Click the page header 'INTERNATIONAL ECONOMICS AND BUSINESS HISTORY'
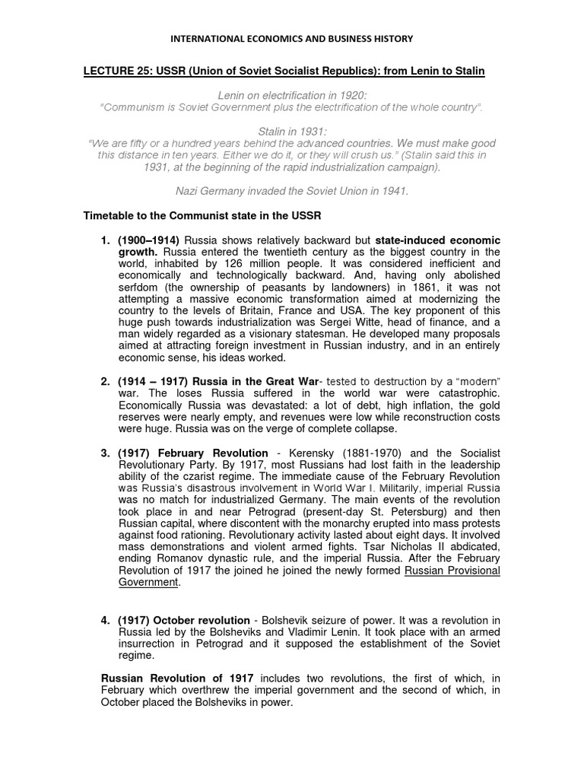coord(291,38)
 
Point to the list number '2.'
coord(106,380)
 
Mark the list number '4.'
coord(106,621)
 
